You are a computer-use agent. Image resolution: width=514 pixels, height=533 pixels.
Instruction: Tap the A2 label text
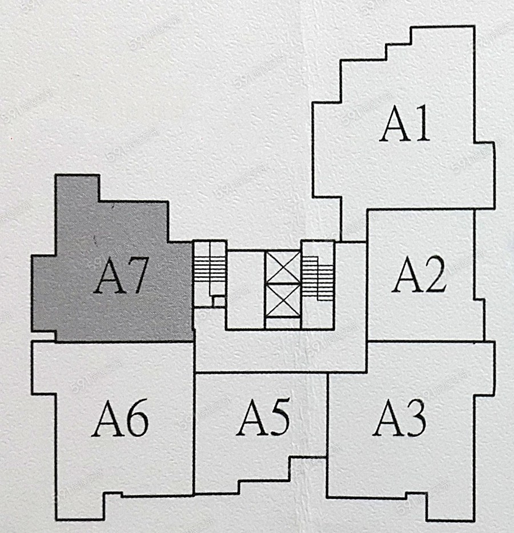coord(419,276)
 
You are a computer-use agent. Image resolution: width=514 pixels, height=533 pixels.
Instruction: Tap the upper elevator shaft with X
coord(283,267)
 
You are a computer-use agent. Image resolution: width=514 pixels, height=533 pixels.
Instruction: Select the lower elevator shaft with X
coord(283,299)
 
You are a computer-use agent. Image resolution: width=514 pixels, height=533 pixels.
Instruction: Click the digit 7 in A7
coord(138,276)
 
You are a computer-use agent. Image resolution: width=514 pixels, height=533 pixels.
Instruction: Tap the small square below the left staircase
coord(218,301)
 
